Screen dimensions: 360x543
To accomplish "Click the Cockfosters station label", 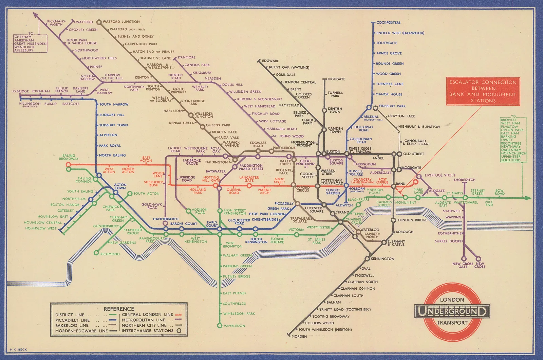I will click(388, 22).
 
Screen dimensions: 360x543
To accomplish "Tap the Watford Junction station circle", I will click(99, 22).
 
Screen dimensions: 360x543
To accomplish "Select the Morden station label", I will click(299, 336).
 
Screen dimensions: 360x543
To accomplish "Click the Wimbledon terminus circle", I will click(220, 326).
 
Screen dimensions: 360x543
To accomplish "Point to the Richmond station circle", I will click(96, 253).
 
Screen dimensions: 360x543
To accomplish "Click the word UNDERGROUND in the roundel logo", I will click(452, 311).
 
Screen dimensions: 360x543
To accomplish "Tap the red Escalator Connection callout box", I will click(483, 91).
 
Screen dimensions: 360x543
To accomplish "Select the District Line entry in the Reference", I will click(70, 314).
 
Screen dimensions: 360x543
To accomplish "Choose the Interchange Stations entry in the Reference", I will click(147, 330).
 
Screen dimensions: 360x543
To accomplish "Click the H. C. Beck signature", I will click(18, 349).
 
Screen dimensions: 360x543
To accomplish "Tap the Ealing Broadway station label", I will click(69, 157).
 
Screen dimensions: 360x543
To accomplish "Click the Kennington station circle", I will click(367, 259).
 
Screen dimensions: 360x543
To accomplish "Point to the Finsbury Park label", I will click(392, 106).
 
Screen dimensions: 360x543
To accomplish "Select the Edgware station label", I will click(270, 61).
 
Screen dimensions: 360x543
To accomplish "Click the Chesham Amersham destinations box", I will click(30, 43).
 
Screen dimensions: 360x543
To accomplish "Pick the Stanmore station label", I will click(186, 57).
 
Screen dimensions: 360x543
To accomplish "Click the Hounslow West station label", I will click(41, 228).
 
